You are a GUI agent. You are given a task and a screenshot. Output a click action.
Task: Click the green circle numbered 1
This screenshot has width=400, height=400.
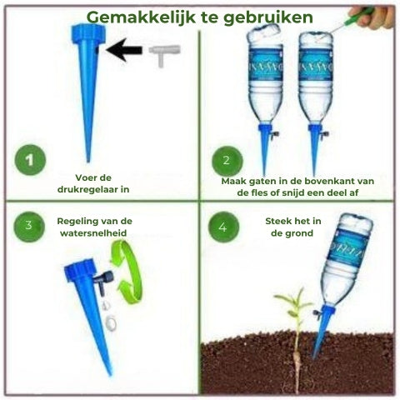tap(30, 160)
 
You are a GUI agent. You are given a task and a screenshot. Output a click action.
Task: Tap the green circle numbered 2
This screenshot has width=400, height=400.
tap(227, 161)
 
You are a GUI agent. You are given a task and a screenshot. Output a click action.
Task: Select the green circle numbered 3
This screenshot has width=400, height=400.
tap(29, 227)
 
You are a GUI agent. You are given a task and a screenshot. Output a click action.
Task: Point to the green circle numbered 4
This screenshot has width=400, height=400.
tap(223, 227)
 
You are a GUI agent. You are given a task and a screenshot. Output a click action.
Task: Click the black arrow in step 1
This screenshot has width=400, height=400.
tap(124, 50)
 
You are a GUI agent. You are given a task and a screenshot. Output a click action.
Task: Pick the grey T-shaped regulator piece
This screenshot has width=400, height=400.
tap(164, 55)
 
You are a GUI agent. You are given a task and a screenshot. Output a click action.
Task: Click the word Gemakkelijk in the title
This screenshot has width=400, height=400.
tap(141, 17)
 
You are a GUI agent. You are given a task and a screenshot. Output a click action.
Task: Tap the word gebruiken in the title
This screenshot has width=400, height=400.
tap(268, 17)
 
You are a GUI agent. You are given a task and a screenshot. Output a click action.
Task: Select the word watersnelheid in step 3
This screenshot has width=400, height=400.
tap(93, 232)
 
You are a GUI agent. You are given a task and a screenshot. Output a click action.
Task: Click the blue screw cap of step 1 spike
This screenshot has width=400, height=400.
tap(88, 34)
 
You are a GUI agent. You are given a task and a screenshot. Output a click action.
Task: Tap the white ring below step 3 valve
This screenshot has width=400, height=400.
tap(111, 323)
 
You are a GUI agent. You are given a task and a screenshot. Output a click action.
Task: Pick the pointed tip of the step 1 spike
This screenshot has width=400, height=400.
tap(88, 161)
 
